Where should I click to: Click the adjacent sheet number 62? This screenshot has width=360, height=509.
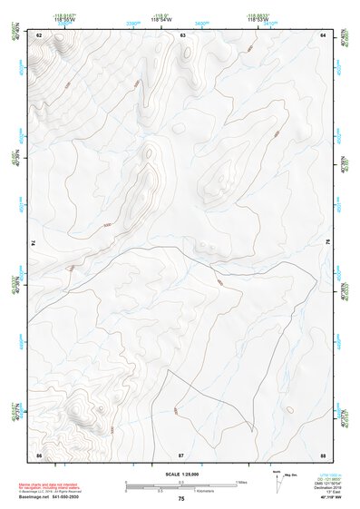click(39, 34)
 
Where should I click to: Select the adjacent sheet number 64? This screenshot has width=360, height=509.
click(323, 34)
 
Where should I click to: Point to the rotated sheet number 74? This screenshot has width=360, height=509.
click(34, 242)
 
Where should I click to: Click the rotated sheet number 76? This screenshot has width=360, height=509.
click(327, 242)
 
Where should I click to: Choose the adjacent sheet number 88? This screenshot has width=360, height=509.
click(323, 453)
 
